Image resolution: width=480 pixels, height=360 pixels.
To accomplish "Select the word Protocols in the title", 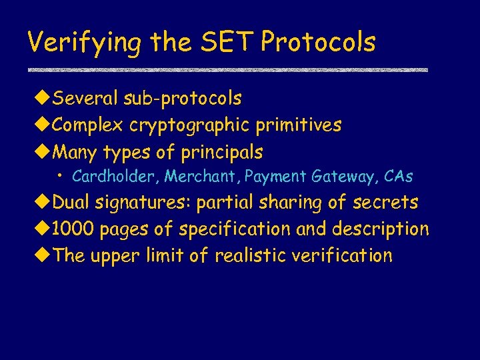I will pyautogui.click(x=319, y=42).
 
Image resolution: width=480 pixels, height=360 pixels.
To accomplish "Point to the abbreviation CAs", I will pyautogui.click(x=399, y=177).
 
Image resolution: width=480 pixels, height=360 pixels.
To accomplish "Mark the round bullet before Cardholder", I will pyautogui.click(x=61, y=177).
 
